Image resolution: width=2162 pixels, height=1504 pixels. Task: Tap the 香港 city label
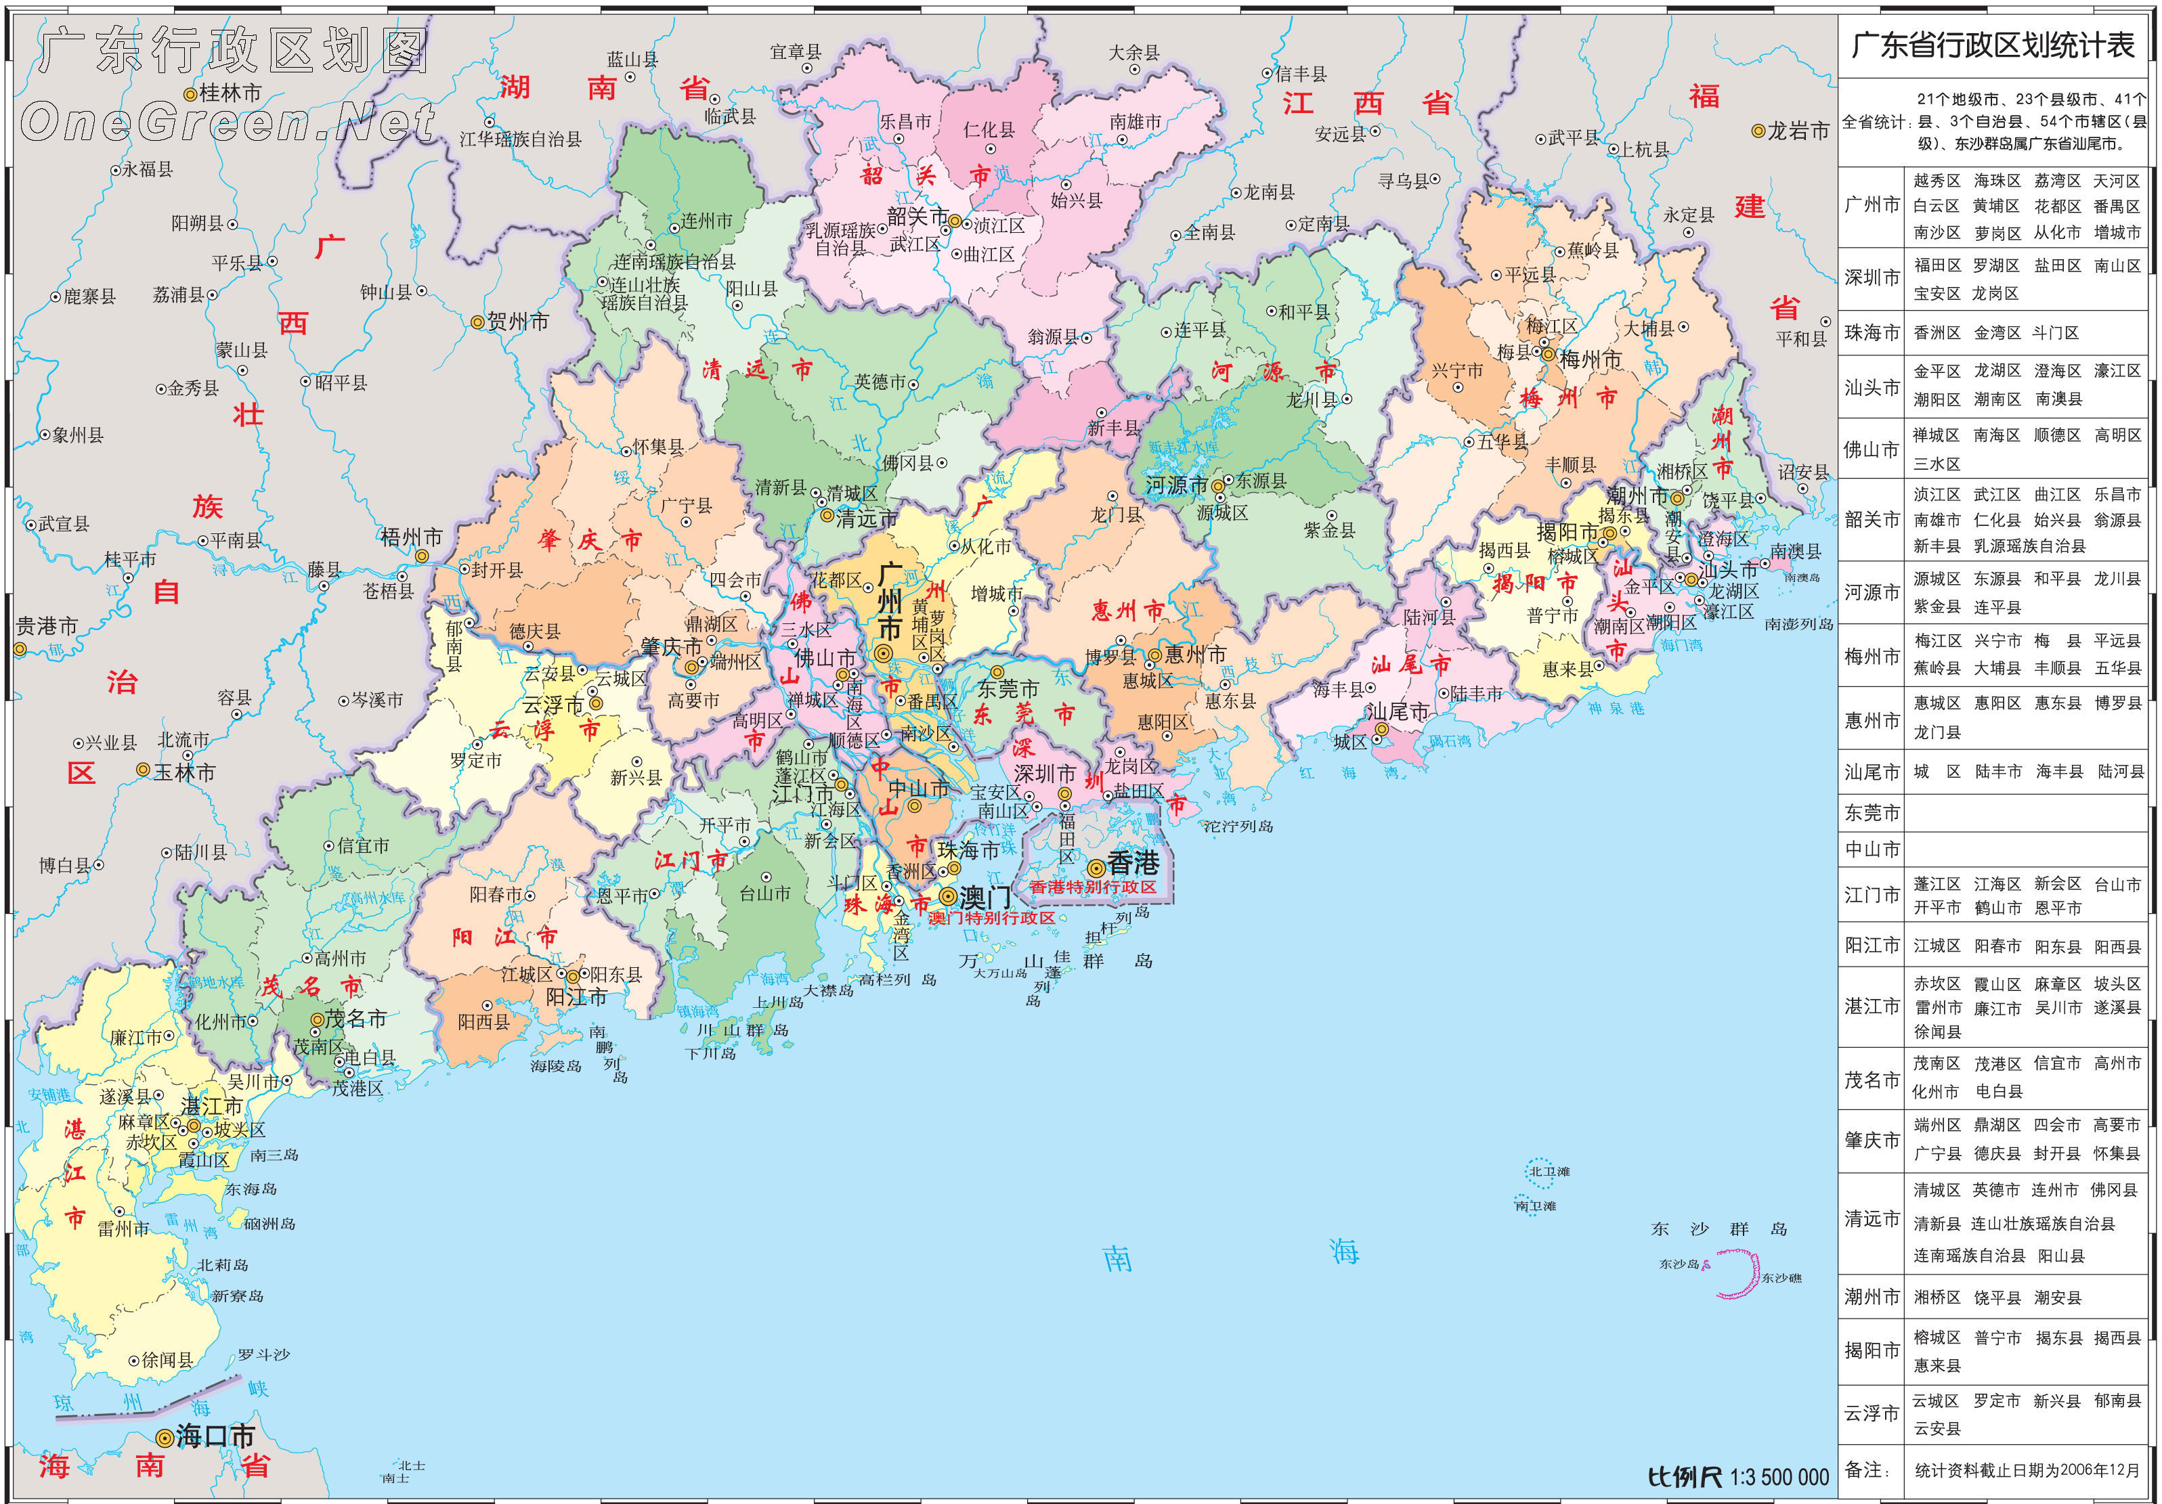pos(1133,863)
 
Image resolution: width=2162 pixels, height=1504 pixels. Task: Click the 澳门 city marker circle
pos(948,896)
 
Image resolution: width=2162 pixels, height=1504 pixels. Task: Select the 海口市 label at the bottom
pos(215,1436)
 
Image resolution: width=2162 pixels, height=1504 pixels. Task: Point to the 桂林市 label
pos(231,93)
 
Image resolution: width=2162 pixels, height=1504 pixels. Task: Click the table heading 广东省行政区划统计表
pos(1993,45)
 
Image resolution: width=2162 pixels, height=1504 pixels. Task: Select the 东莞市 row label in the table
pos(1872,812)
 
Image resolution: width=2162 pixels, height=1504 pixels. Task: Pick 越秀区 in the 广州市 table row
pos(1936,181)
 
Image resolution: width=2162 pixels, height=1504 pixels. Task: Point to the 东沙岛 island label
pos(1679,1264)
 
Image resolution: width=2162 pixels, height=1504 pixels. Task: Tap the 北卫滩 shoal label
pos(1550,1172)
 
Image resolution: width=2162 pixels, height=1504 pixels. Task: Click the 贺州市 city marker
pos(477,323)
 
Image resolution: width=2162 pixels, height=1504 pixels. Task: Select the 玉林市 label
pos(185,772)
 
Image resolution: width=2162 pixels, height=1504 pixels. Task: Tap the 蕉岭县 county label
pos(1593,250)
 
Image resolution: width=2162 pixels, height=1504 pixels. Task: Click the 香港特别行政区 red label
pos(1092,887)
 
